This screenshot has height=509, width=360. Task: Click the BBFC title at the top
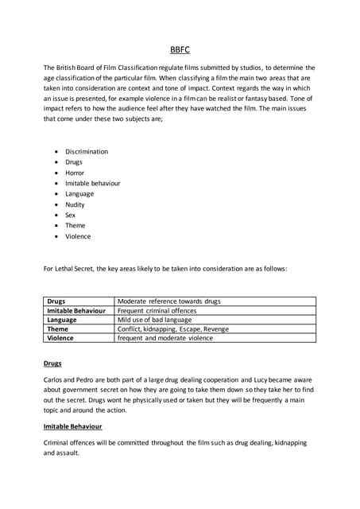click(x=180, y=50)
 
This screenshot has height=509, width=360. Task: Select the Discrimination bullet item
click(x=87, y=151)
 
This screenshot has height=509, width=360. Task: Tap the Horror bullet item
click(x=75, y=173)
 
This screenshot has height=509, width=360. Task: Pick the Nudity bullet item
click(x=75, y=204)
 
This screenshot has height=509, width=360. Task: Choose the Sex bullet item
click(x=71, y=215)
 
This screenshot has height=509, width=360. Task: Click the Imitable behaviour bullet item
click(x=93, y=183)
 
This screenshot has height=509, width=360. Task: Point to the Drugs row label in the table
click(x=56, y=301)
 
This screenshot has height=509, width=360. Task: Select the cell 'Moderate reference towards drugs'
click(x=168, y=301)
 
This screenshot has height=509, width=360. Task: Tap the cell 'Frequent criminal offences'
click(x=157, y=311)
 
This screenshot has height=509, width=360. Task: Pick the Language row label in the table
click(x=62, y=320)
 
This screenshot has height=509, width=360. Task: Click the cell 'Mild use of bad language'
click(x=157, y=320)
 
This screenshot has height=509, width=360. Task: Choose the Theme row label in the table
click(x=58, y=328)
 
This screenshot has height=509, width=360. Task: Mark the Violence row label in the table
click(x=60, y=338)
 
